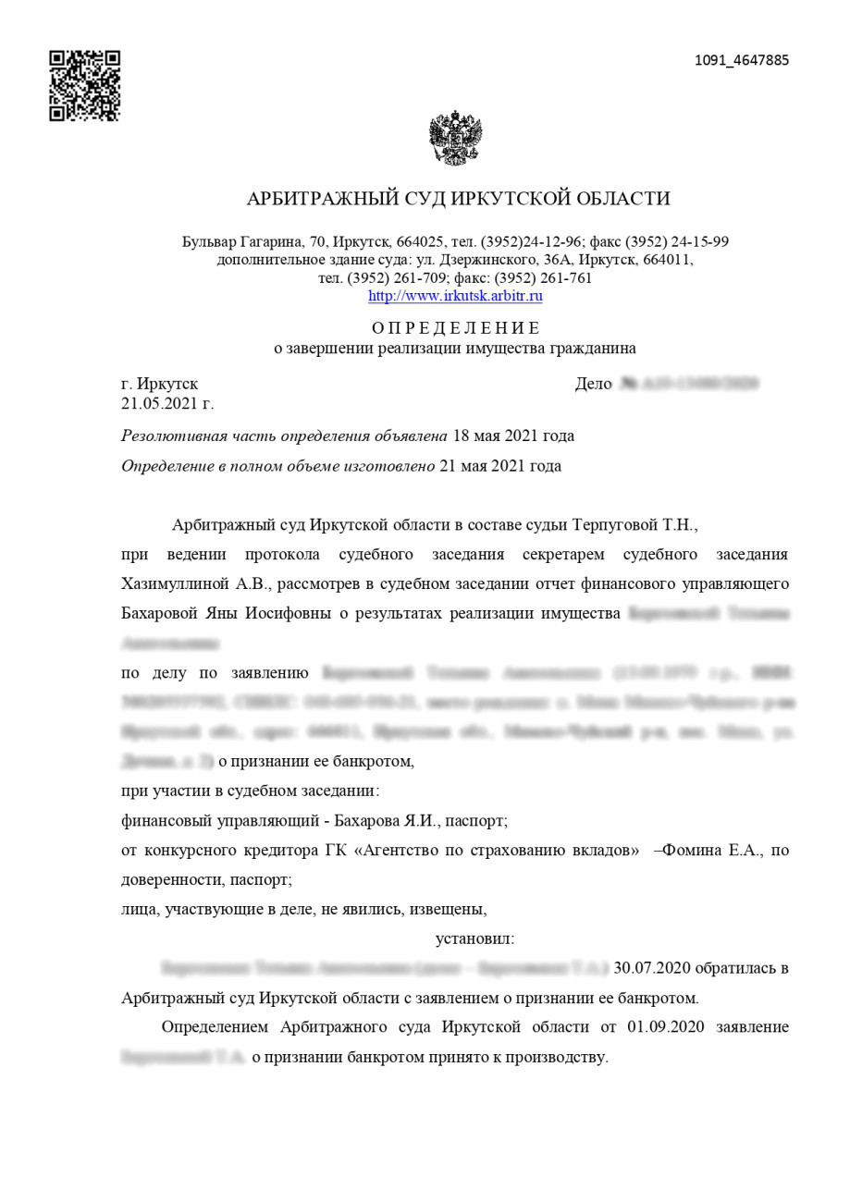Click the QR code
pos(85,86)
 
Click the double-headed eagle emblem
pos(455,139)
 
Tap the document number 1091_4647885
pos(742,61)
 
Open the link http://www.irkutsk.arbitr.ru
pos(455,296)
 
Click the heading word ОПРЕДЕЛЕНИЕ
pos(455,328)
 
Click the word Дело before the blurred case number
pos(594,384)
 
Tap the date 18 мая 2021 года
pos(512,435)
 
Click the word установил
pos(474,938)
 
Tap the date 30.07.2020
pos(652,968)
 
